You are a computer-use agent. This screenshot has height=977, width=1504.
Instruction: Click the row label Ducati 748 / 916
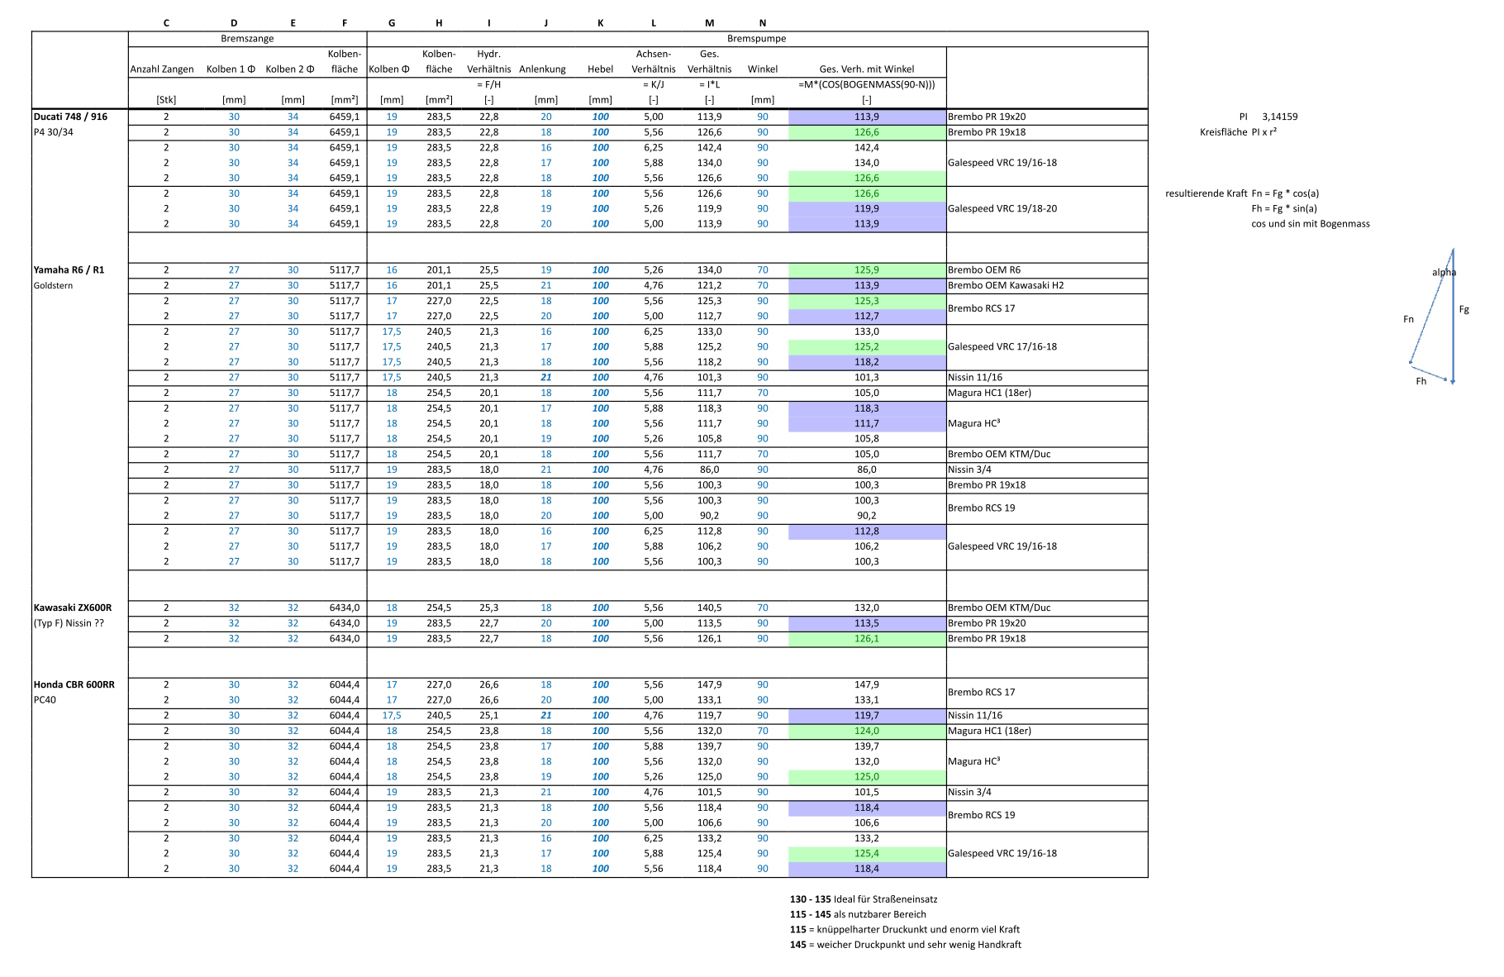[70, 117]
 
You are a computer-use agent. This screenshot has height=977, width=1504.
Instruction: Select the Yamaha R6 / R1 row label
[69, 270]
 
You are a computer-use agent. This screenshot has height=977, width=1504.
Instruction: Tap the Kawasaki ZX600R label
[72, 608]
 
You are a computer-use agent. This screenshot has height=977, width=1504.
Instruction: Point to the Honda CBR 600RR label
[74, 685]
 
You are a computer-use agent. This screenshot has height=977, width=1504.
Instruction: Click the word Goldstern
[53, 286]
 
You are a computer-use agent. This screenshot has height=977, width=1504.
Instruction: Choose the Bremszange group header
[247, 39]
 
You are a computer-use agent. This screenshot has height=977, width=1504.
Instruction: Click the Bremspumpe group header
[756, 39]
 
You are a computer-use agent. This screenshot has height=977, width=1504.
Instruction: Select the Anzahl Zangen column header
[162, 69]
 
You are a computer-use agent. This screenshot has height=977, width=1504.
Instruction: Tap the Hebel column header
[600, 69]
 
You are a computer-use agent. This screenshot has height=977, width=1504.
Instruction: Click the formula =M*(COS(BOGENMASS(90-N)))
[866, 84]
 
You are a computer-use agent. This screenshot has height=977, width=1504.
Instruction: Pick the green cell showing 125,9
[866, 270]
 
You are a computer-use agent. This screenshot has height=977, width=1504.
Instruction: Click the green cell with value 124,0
[866, 732]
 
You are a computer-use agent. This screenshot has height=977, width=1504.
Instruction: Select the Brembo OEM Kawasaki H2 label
[1006, 286]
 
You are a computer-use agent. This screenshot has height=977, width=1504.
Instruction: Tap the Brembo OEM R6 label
[983, 270]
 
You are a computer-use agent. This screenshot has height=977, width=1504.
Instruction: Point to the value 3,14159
[1279, 117]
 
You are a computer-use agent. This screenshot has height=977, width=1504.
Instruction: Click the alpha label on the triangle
[1444, 273]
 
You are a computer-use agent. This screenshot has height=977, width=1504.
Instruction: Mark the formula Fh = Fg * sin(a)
[1283, 209]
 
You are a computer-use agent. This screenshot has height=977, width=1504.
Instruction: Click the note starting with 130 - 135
[864, 899]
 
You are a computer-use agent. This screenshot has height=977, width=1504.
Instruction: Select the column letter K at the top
[600, 23]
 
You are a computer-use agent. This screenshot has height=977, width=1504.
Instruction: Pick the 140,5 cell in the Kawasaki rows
[709, 608]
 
